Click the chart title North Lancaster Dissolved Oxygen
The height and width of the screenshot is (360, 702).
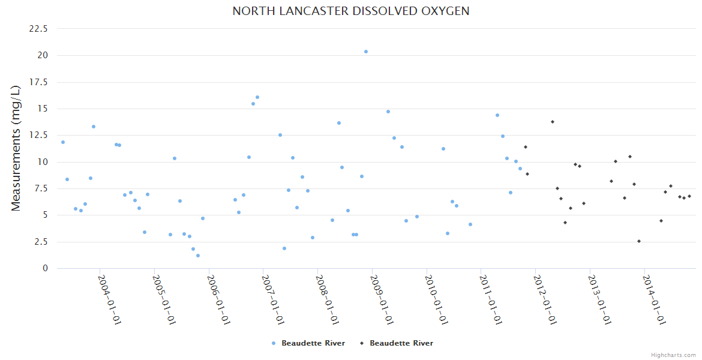click(351, 11)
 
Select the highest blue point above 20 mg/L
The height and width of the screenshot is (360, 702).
click(366, 52)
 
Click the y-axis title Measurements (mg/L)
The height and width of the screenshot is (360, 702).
click(16, 148)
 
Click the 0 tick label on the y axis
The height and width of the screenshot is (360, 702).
click(44, 268)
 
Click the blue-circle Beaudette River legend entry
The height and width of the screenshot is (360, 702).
click(308, 343)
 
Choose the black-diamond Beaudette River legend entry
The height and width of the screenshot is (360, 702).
click(396, 343)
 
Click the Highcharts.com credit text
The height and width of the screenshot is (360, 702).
click(673, 355)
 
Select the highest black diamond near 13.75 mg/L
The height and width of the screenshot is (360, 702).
click(553, 122)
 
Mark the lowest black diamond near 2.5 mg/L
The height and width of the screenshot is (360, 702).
click(639, 241)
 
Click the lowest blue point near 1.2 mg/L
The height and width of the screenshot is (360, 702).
click(198, 256)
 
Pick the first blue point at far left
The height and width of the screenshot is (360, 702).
click(63, 142)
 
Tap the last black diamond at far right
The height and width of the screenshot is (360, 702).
click(689, 196)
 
